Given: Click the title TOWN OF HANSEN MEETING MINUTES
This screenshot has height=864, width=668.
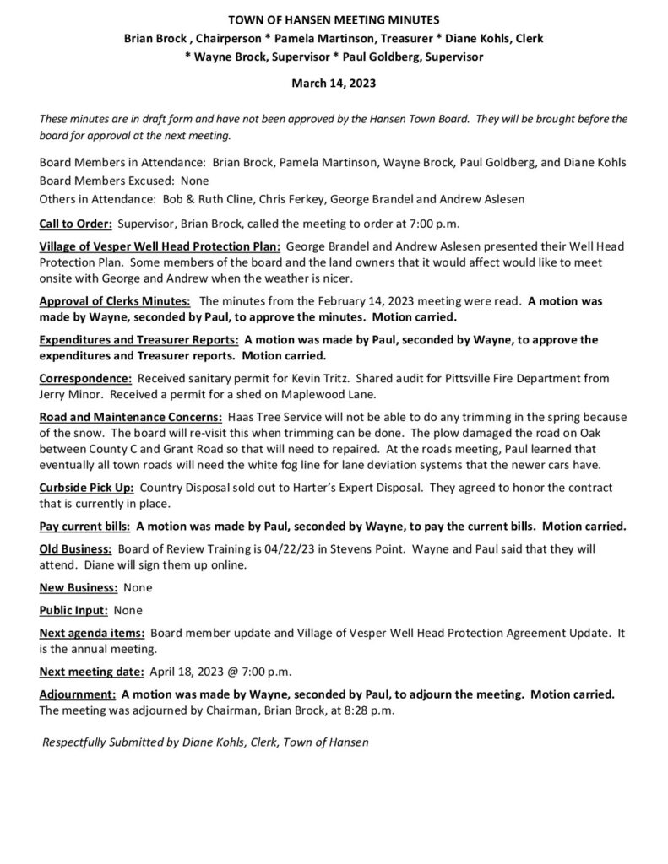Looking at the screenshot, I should pyautogui.click(x=334, y=19).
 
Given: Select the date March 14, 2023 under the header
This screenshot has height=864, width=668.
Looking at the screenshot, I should pyautogui.click(x=334, y=84).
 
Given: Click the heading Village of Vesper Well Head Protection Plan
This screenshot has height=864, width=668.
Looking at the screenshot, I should pyautogui.click(x=160, y=246).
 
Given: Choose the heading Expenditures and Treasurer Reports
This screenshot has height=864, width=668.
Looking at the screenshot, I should pyautogui.click(x=138, y=339).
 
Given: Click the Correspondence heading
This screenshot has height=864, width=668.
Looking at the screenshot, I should pyautogui.click(x=85, y=378).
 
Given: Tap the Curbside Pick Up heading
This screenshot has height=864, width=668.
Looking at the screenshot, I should pyautogui.click(x=86, y=488).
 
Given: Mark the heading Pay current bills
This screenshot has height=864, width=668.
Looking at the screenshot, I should pyautogui.click(x=84, y=526).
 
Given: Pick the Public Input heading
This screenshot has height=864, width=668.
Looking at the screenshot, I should pyautogui.click(x=73, y=609).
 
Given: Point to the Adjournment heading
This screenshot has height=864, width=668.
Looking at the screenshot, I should pyautogui.click(x=78, y=694).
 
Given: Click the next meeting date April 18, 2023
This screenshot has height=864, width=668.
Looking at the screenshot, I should pyautogui.click(x=185, y=672).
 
